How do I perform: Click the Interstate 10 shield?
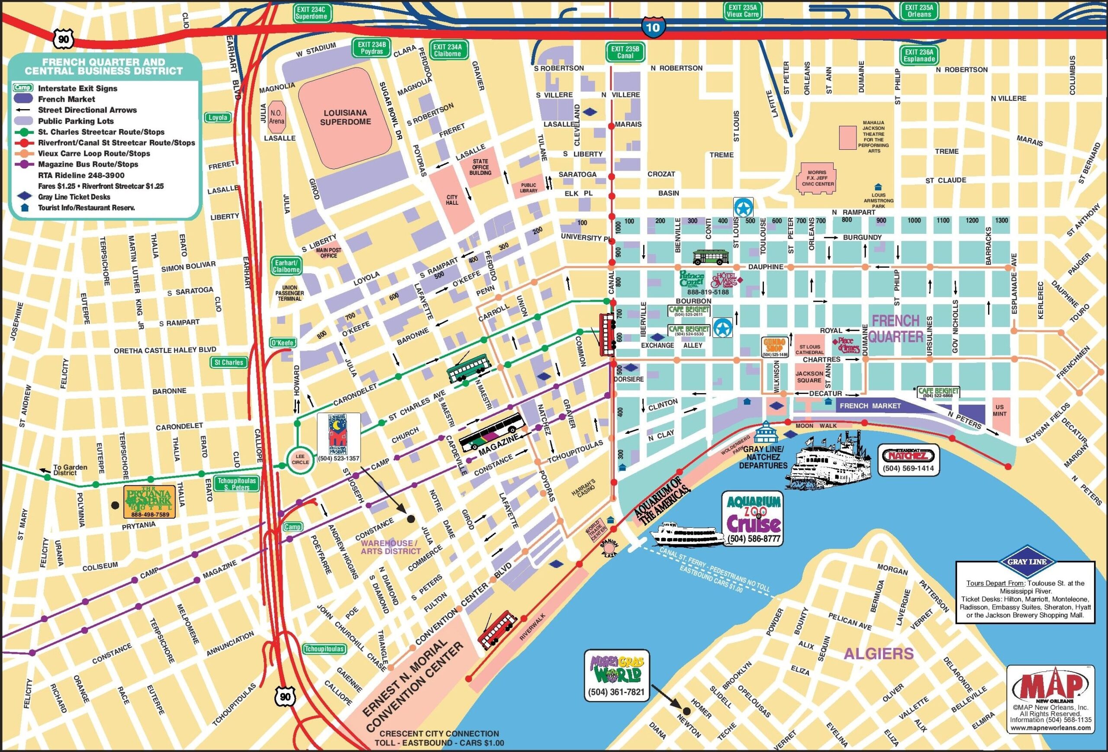(x=652, y=27)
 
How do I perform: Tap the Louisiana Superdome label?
(x=346, y=117)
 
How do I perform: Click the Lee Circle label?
(x=300, y=459)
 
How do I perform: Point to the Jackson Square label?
(x=809, y=377)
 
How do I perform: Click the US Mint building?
(x=999, y=410)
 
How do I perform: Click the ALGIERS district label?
(x=878, y=653)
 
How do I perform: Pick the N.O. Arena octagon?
(x=277, y=117)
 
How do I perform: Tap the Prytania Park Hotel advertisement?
(x=149, y=502)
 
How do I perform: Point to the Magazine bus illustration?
(x=491, y=431)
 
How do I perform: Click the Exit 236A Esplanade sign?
(x=919, y=55)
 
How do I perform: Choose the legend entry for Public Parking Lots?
(x=76, y=121)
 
